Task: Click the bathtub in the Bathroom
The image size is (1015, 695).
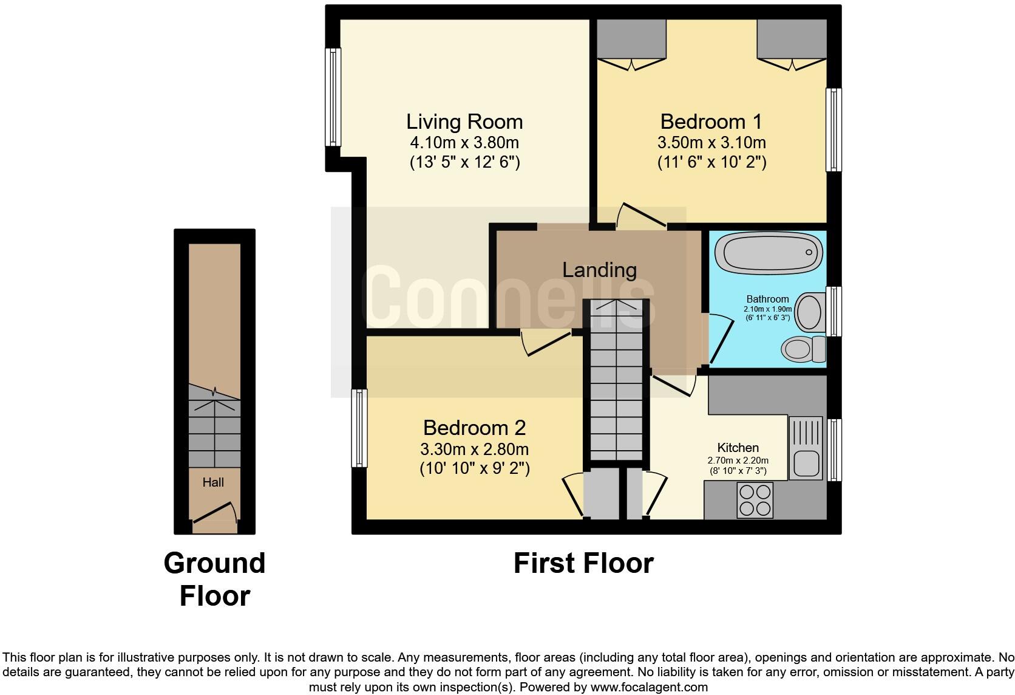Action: (769, 253)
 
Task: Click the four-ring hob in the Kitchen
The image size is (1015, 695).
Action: (755, 499)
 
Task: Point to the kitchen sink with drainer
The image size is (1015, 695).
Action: (805, 448)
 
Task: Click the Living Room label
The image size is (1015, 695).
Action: (464, 122)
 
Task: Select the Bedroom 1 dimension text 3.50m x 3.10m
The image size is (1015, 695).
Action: (711, 143)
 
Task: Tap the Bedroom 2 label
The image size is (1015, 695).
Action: (474, 428)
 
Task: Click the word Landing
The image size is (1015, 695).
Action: (599, 270)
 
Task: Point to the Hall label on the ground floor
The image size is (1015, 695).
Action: (213, 482)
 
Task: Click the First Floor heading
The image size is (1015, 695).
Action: (583, 563)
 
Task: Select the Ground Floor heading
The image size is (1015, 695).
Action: (214, 579)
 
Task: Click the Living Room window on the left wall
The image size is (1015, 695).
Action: (333, 97)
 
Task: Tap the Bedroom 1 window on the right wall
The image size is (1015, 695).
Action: (835, 129)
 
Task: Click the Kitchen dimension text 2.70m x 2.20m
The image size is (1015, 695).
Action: (738, 460)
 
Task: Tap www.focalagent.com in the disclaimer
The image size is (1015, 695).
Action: (649, 688)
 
